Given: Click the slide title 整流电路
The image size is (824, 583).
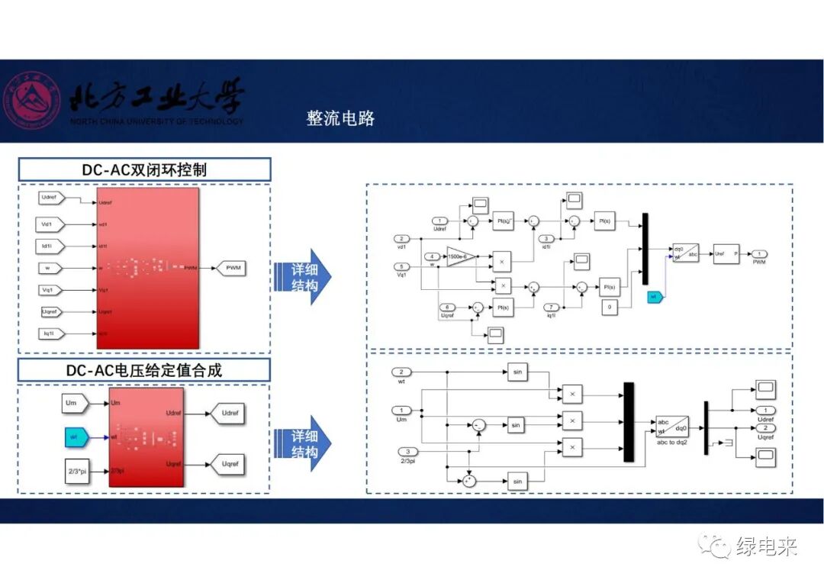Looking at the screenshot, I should [x=340, y=118].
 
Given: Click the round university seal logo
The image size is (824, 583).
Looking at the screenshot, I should [x=31, y=101].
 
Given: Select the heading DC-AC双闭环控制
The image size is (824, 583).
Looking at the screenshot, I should [x=144, y=169].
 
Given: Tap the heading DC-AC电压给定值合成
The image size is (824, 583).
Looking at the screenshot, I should [x=144, y=371].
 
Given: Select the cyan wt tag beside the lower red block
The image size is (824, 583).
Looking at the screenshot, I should [x=75, y=437].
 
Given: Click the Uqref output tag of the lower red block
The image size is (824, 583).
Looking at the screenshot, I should [x=227, y=464].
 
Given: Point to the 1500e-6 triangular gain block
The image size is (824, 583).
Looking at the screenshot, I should [x=460, y=256].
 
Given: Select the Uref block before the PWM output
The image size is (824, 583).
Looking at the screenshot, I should [x=726, y=253].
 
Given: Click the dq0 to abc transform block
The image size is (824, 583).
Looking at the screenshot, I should [x=684, y=253].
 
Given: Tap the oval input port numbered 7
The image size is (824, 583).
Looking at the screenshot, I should [x=552, y=307].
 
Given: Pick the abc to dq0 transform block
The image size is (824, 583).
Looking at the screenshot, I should [x=671, y=427].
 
